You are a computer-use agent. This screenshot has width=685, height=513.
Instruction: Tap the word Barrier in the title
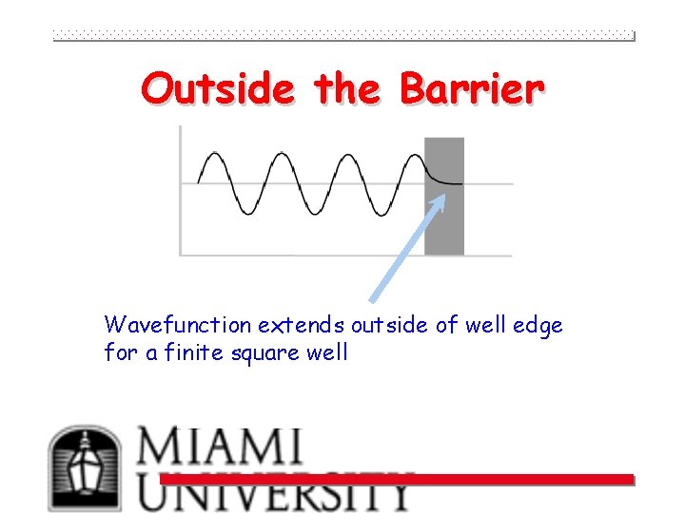pyautogui.click(x=472, y=89)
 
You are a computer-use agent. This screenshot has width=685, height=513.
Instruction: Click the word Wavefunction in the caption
pyautogui.click(x=178, y=326)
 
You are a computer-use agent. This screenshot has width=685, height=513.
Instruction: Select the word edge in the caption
pyautogui.click(x=538, y=326)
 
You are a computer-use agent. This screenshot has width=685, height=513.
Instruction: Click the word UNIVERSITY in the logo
pyautogui.click(x=276, y=493)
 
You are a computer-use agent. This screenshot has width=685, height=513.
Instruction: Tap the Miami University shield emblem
pyautogui.click(x=86, y=468)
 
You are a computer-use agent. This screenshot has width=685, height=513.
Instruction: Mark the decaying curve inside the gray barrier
pyautogui.click(x=441, y=177)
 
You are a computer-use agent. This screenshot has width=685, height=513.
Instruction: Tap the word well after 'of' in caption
pyautogui.click(x=485, y=326)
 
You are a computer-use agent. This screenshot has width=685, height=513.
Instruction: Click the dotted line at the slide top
pyautogui.click(x=342, y=36)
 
